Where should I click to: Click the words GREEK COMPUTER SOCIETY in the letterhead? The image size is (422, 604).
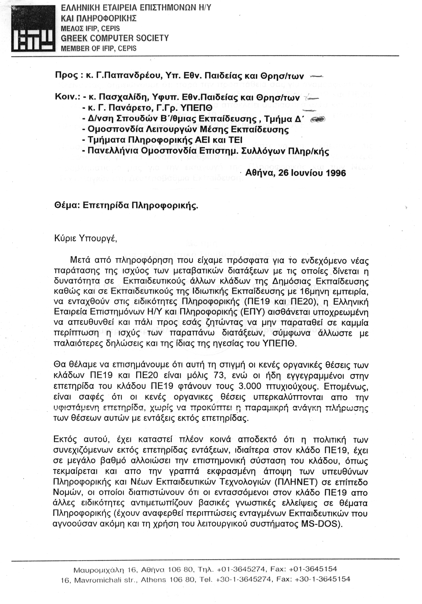(x=115, y=38)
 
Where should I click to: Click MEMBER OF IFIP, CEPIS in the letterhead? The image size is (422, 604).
(x=99, y=49)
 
